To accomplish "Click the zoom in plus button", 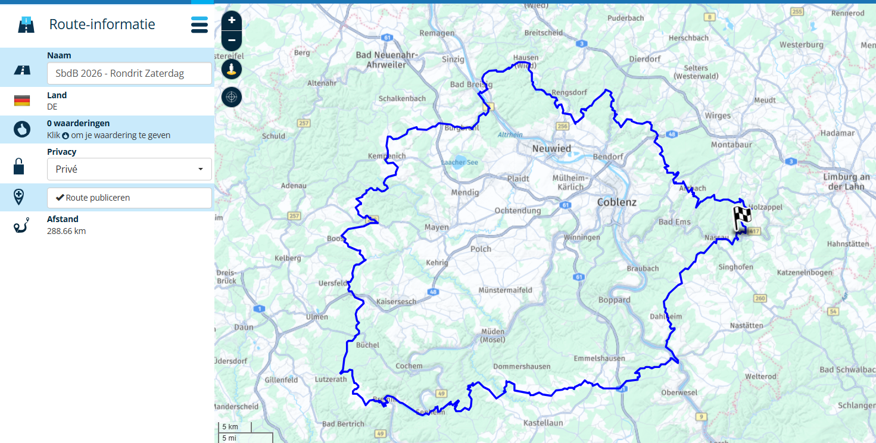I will pos(232,20).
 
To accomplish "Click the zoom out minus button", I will pos(232,40).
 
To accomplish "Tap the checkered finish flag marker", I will pos(741,219).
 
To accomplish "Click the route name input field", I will pos(129,74).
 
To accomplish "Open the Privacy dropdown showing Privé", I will pos(129,169).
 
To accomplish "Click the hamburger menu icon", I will pos(199,25).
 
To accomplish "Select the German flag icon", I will pos(22,101).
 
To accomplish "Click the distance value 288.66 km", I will pos(66,231).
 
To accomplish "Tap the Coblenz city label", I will pos(616,202).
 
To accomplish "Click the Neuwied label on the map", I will pos(551,148).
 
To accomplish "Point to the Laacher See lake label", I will pos(459,163).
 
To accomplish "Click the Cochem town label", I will pos(409,366).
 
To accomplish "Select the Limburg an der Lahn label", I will pos(846,182).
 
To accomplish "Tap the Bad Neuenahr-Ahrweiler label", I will pos(386,60).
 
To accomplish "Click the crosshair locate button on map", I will pos(232,96).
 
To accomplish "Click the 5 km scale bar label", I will pos(230,427).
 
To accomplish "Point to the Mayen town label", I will pos(437,227).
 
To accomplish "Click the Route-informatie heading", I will pos(102,24).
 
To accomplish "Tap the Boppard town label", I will pos(614,300).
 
